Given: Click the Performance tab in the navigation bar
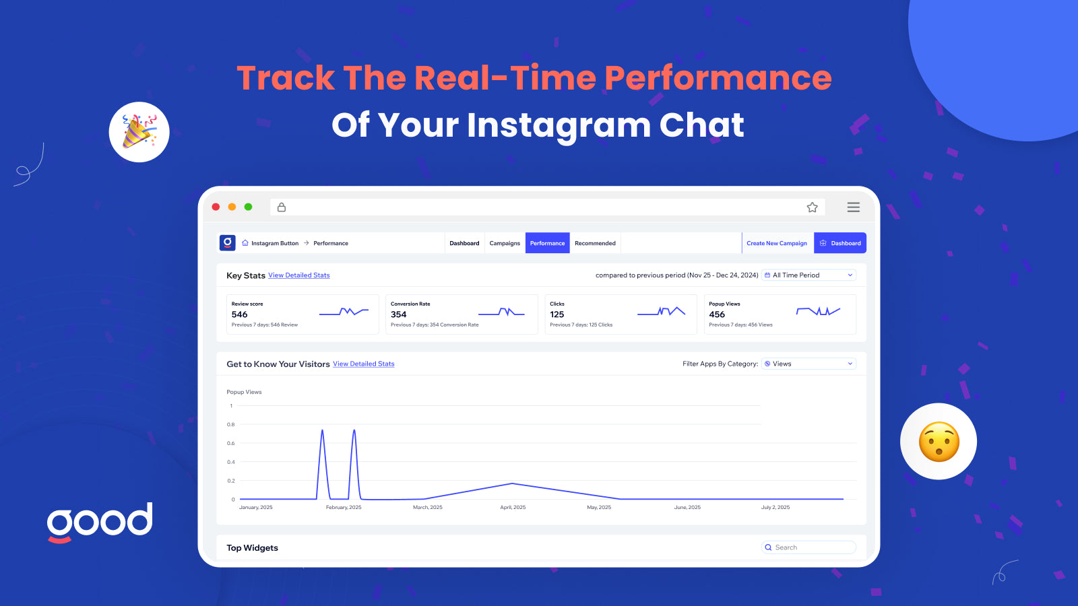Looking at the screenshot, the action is (x=547, y=243).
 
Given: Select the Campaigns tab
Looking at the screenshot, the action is (x=505, y=243).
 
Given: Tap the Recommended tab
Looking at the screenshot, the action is (x=595, y=243).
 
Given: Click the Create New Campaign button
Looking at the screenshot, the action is (x=777, y=243).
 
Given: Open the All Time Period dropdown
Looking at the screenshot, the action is (x=808, y=275).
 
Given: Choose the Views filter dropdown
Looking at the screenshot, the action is (x=808, y=364).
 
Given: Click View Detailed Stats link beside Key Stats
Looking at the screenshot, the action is (x=299, y=275).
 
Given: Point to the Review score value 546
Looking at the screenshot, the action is (x=239, y=314).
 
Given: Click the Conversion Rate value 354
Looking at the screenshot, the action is (x=398, y=314).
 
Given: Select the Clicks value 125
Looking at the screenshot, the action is (x=557, y=314).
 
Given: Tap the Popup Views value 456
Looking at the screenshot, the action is (x=717, y=314).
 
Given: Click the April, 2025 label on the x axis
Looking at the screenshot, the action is (x=513, y=507).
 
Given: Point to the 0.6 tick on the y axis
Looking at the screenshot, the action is (x=231, y=443).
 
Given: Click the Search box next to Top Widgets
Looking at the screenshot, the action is (x=808, y=547).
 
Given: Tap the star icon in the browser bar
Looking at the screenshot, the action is (x=813, y=207).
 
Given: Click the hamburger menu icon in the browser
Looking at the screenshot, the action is (x=853, y=207).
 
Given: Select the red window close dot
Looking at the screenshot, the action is (x=216, y=207).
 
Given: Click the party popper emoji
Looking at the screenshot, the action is (x=139, y=132).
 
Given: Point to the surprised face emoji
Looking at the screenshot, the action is (x=939, y=442).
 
